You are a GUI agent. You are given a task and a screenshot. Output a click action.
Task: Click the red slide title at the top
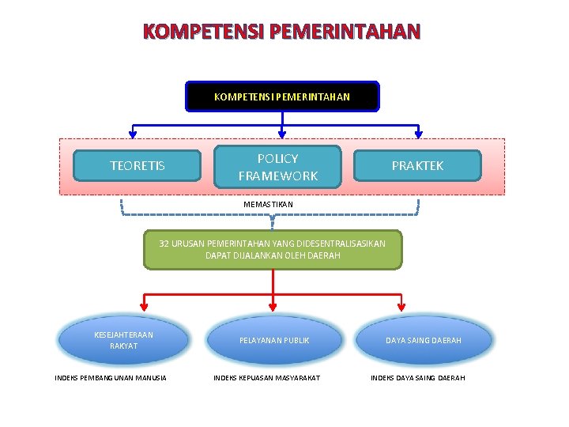[x=282, y=32]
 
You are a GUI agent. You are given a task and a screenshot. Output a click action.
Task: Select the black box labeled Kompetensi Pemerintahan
[x=282, y=96]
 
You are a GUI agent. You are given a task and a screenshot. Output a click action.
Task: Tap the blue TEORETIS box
[x=138, y=165]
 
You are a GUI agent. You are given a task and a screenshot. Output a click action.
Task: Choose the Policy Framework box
[x=277, y=167]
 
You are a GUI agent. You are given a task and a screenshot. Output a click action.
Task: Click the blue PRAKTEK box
[x=418, y=165]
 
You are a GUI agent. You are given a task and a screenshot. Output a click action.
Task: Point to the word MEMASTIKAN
[x=268, y=205]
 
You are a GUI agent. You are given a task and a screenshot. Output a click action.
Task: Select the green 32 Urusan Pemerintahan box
[x=273, y=250]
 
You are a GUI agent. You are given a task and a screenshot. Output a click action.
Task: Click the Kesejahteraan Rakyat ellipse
[x=124, y=340]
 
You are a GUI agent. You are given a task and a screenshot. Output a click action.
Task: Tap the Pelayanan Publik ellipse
[x=274, y=340]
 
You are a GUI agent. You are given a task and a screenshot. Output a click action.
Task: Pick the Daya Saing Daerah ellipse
[x=424, y=340]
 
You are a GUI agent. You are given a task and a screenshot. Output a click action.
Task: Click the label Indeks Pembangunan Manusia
[x=111, y=378]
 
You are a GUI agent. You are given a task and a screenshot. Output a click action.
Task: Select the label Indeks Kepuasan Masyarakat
[x=267, y=378]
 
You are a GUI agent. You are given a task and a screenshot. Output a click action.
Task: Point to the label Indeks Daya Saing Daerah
[x=418, y=378]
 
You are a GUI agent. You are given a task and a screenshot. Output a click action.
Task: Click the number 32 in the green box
[x=164, y=244]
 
